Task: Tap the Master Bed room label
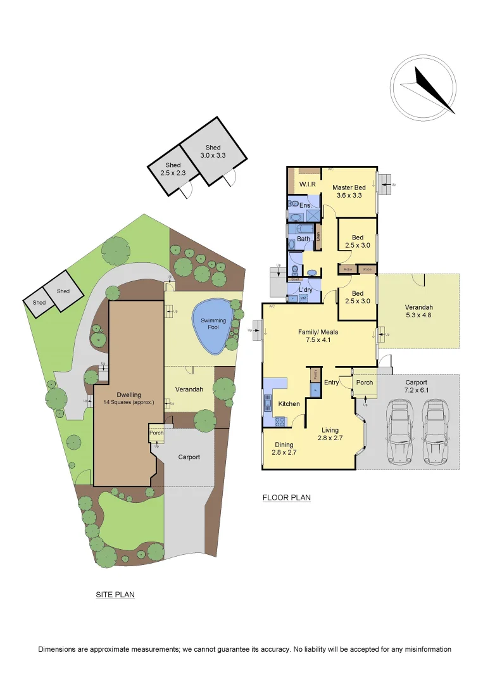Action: (349, 191)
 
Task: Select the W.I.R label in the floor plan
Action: (308, 185)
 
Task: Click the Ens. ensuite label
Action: (304, 206)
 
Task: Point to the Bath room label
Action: (304, 239)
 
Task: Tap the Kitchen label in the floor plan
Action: (289, 404)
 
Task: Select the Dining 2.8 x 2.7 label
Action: (284, 448)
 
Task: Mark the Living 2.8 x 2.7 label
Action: (330, 434)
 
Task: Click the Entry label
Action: (332, 383)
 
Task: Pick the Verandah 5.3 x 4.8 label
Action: (420, 312)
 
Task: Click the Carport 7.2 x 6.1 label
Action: (417, 386)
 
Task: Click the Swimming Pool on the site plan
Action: (213, 325)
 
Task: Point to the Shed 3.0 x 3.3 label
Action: (213, 151)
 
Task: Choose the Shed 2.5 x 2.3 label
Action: (173, 169)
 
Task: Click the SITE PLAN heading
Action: (115, 595)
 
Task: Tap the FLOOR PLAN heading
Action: (287, 498)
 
